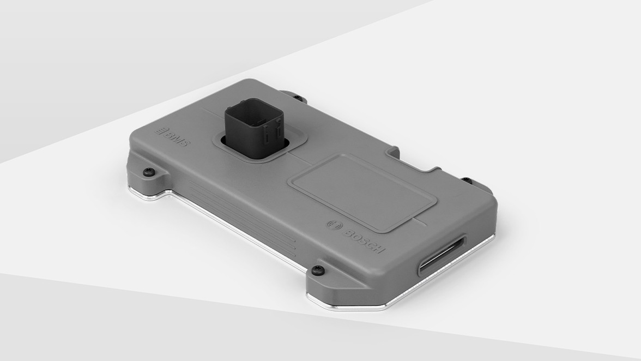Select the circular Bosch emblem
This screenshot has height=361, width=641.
click(x=333, y=224)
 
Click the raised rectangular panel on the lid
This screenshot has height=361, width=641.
click(x=362, y=191)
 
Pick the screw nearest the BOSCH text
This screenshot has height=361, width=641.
click(x=318, y=269)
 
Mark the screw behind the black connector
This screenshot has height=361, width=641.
click(x=298, y=99)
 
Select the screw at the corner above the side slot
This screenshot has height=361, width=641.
click(x=468, y=180)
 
